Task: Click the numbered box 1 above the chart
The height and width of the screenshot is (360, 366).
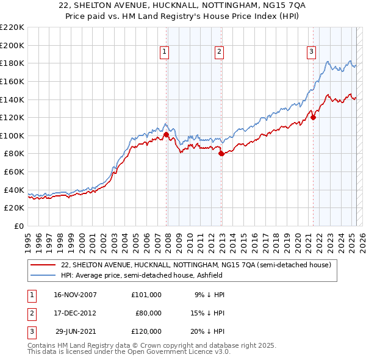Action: pyautogui.click(x=165, y=52)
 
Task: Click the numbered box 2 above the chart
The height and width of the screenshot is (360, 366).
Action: pyautogui.click(x=218, y=52)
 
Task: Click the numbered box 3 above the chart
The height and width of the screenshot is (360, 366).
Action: pyautogui.click(x=311, y=52)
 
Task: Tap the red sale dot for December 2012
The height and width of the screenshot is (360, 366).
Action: pyautogui.click(x=221, y=154)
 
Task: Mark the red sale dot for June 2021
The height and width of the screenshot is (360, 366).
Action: pyautogui.click(x=313, y=118)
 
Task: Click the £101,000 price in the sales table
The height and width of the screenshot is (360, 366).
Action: pyautogui.click(x=146, y=294)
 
